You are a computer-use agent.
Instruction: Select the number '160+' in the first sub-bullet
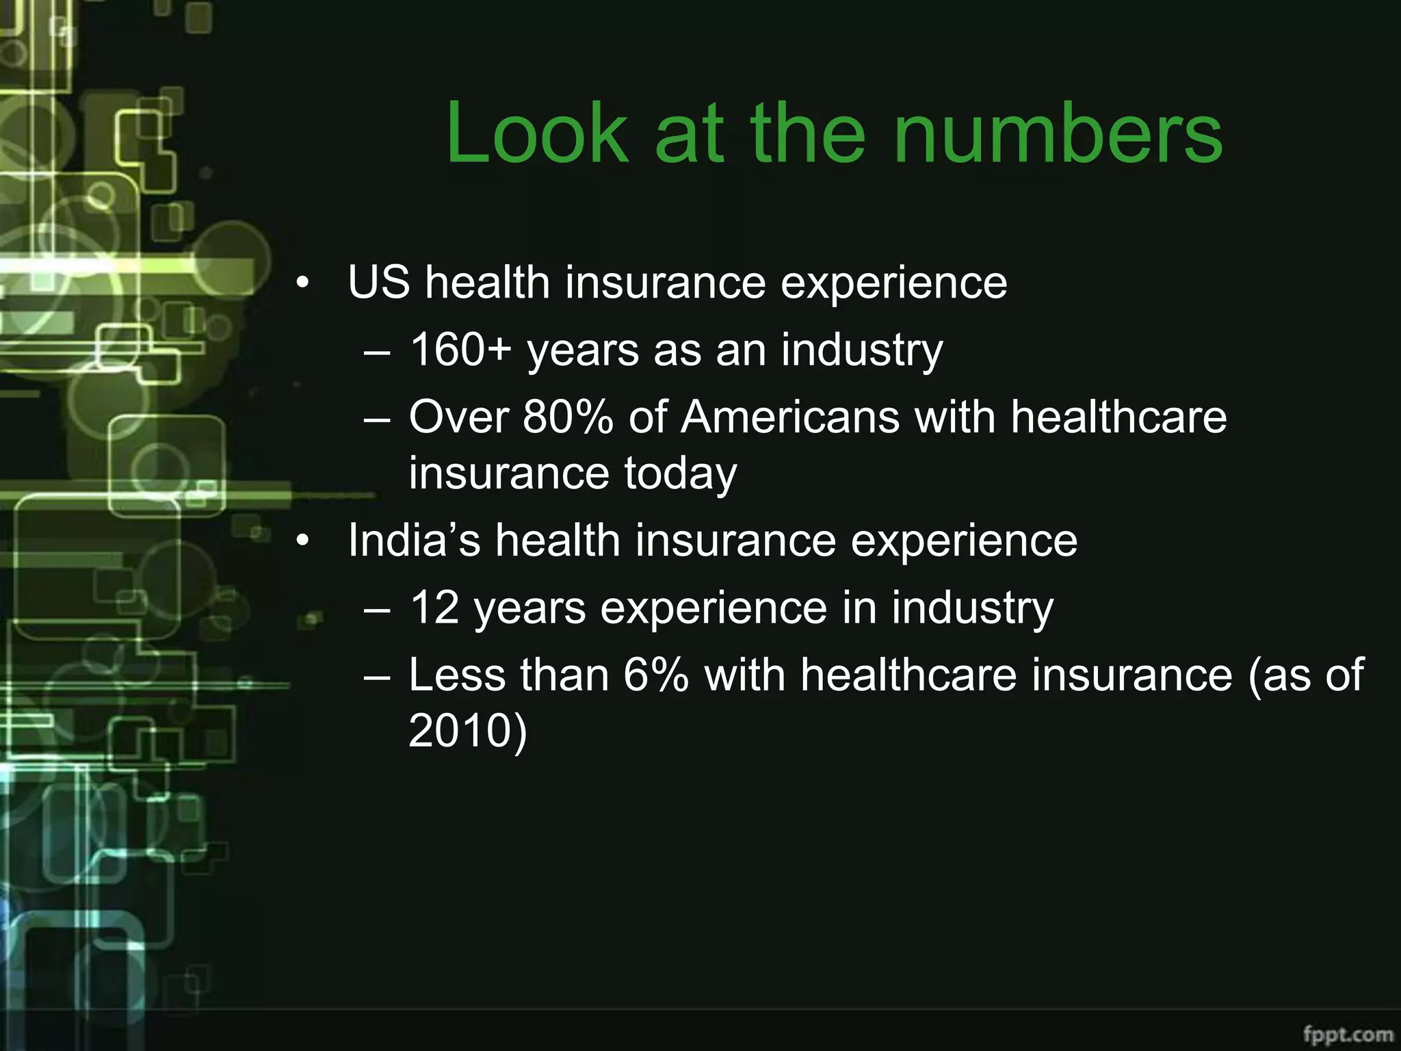click(460, 350)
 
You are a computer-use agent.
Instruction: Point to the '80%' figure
click(568, 417)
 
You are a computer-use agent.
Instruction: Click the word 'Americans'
click(790, 417)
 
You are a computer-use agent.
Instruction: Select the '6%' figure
click(655, 675)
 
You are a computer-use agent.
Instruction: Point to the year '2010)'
click(468, 730)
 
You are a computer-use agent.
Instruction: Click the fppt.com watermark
click(1348, 1033)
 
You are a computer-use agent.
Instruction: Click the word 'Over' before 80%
click(459, 417)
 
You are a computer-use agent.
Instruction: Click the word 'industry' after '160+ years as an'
click(862, 351)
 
